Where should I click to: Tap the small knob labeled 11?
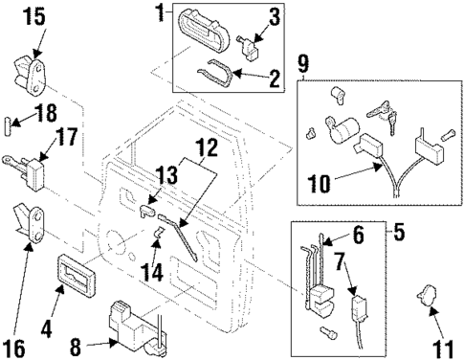pos(428,299)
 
